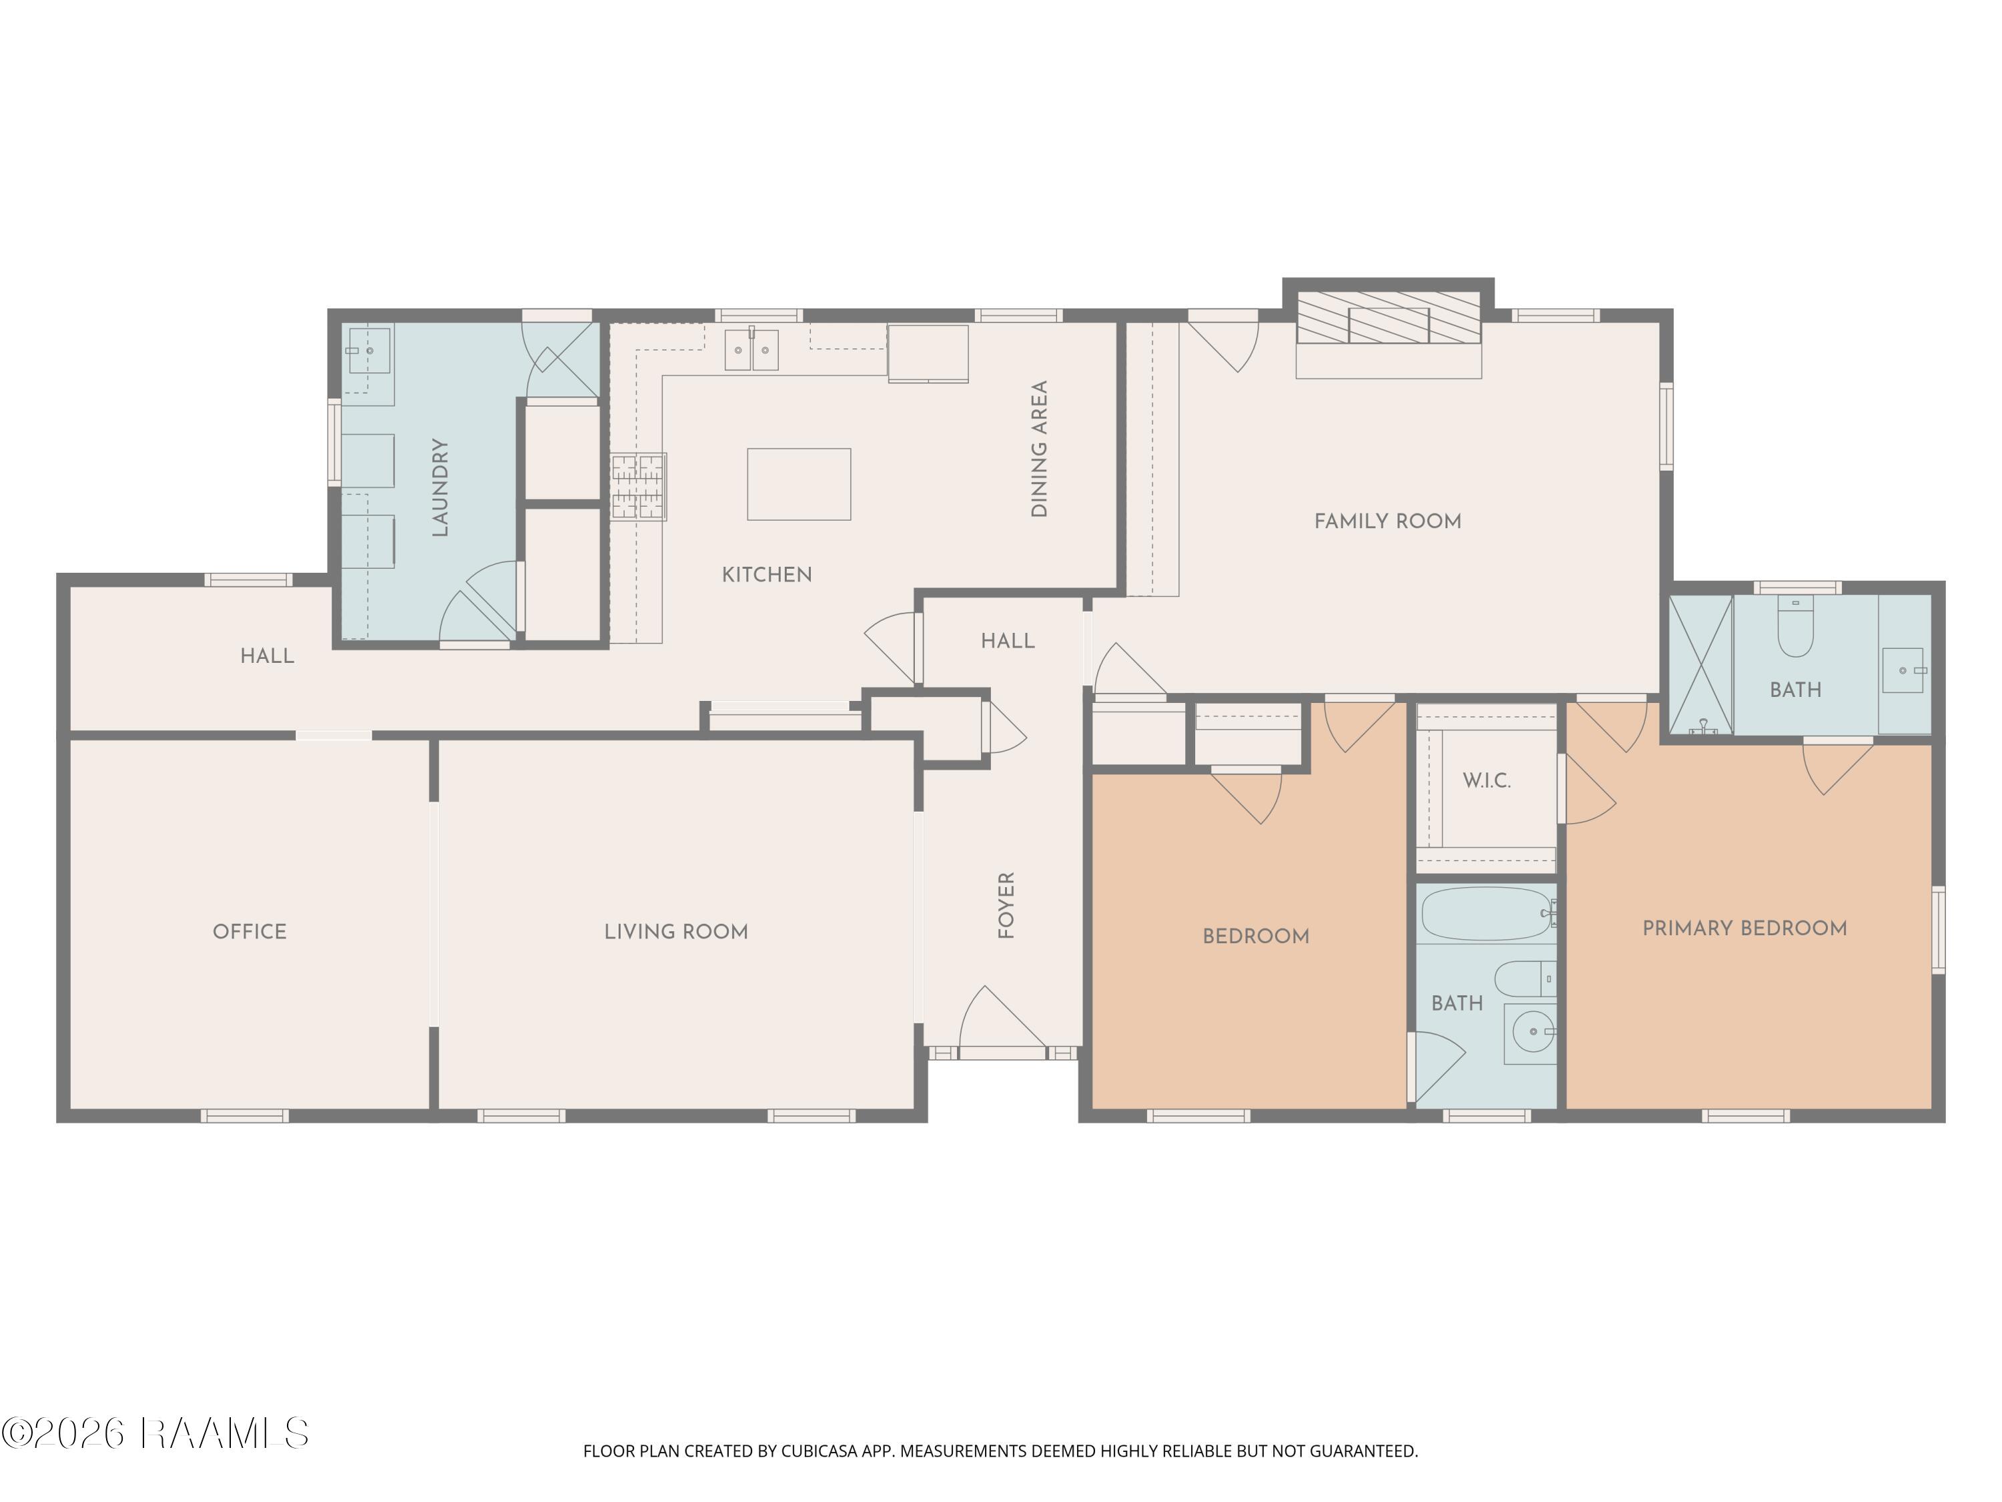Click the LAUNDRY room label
pyautogui.click(x=440, y=487)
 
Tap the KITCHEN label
pyautogui.click(x=767, y=574)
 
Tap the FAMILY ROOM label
pyautogui.click(x=1387, y=521)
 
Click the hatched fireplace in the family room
pyautogui.click(x=1388, y=317)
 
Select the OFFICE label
pyautogui.click(x=250, y=932)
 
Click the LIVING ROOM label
pyautogui.click(x=676, y=932)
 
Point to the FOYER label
pyautogui.click(x=1006, y=905)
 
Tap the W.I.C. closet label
pyautogui.click(x=1486, y=780)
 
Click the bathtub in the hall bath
pyautogui.click(x=1487, y=913)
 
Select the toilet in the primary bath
pyautogui.click(x=1796, y=625)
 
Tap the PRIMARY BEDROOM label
pyautogui.click(x=1744, y=928)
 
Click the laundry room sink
pyautogui.click(x=368, y=350)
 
